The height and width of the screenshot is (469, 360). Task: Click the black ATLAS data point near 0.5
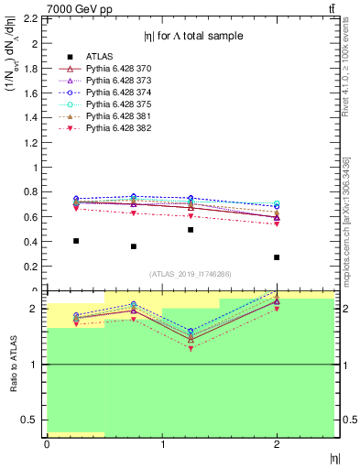(191, 230)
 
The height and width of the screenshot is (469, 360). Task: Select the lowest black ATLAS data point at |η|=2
(277, 257)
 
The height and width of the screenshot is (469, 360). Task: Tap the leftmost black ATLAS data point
(76, 241)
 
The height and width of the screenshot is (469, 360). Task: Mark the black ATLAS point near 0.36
(134, 246)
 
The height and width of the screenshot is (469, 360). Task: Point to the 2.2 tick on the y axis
(33, 18)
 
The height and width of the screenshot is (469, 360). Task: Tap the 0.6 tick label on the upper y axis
(33, 217)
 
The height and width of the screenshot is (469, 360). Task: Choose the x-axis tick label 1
(163, 444)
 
